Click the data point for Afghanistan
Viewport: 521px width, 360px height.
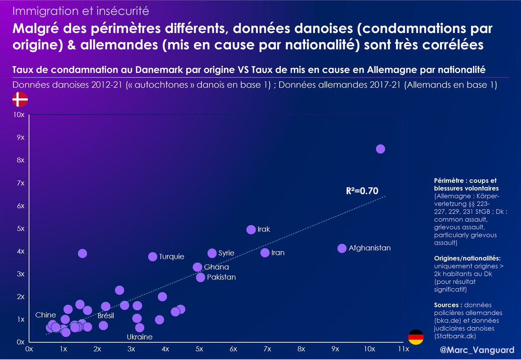click(342, 248)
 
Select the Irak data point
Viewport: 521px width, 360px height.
click(251, 229)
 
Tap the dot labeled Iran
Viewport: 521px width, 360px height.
click(265, 252)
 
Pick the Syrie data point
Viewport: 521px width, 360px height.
click(212, 253)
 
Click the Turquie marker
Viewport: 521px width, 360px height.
click(152, 256)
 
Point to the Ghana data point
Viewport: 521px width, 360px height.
click(198, 267)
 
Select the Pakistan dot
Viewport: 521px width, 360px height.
click(200, 277)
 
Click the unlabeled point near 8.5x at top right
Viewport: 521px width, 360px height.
click(380, 149)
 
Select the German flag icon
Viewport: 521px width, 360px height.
click(415, 337)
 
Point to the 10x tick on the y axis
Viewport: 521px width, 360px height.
click(19, 115)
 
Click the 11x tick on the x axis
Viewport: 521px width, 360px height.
click(403, 349)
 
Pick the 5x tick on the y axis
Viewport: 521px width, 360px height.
click(20, 229)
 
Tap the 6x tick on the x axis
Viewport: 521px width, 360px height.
click(233, 349)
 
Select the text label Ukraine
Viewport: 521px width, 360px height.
click(139, 337)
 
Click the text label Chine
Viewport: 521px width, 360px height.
click(46, 315)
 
